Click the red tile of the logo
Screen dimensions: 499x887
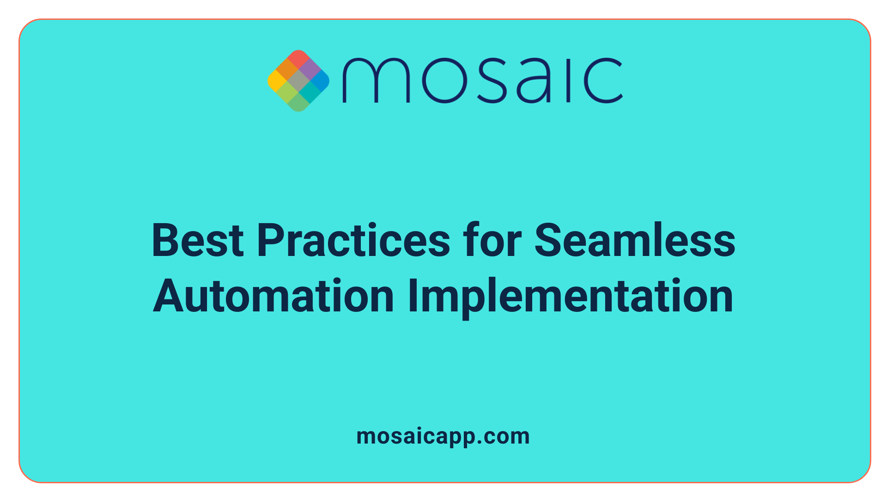click(x=298, y=59)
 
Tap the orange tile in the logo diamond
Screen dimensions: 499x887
click(x=287, y=70)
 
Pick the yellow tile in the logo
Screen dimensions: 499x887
click(x=277, y=81)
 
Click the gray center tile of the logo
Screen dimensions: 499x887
click(x=298, y=81)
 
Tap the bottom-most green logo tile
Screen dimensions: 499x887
click(x=298, y=102)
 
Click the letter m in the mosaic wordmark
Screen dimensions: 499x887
click(x=376, y=80)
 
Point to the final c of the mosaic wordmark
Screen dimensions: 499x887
click(x=603, y=80)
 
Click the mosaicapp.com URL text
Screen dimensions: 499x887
click(x=443, y=437)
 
